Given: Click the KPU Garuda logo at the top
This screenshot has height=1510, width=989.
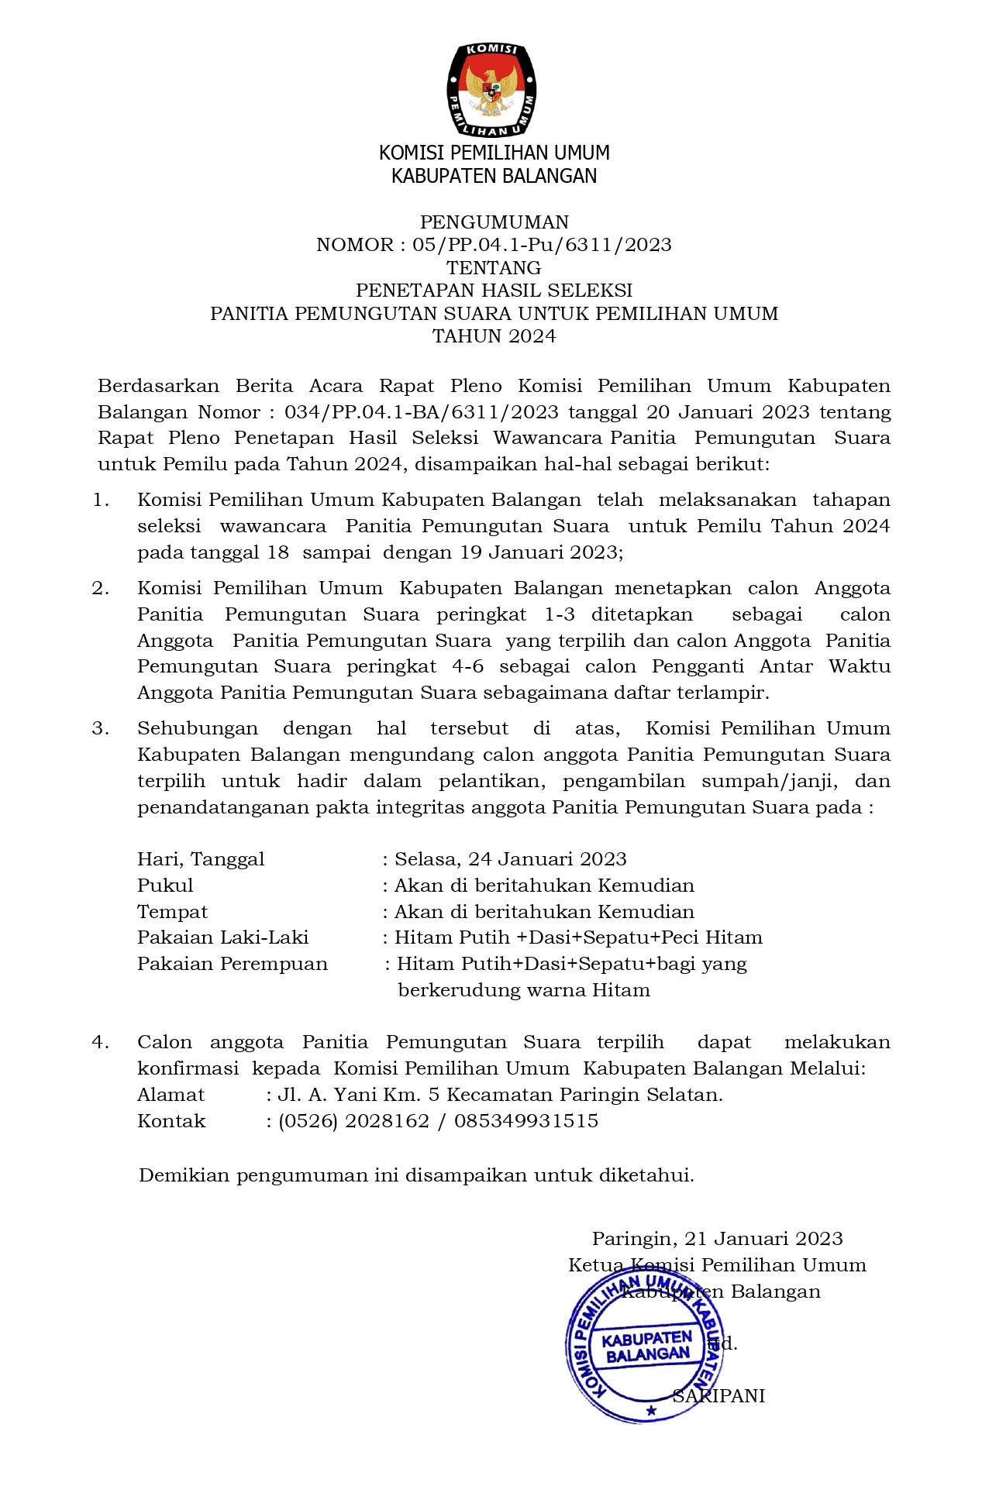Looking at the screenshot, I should pos(491,91).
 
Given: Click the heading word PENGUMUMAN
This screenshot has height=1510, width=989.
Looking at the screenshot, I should pos(494,222).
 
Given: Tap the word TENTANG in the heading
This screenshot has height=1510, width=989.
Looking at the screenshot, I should pos(494,268).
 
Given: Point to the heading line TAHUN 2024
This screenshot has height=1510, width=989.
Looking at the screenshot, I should pos(494,336).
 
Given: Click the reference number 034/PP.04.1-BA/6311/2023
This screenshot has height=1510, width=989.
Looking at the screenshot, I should pos(410,412).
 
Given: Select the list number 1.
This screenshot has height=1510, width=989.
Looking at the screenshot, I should pos(101,500).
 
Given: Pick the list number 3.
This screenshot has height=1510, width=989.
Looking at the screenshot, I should pos(101,729).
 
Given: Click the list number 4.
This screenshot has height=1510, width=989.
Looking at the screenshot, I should pos(101,1043).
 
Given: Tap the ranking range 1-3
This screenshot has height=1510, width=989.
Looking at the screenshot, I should pos(559,615).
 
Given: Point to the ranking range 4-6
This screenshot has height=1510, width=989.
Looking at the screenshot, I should pos(467,667).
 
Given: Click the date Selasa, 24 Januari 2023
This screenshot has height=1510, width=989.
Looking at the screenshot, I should pos(510,859).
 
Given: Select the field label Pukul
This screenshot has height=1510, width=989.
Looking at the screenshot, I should pos(165,886).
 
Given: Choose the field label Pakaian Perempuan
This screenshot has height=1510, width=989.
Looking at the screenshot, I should pos(232,965).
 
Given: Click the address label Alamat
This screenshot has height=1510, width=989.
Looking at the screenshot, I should pos(171,1096).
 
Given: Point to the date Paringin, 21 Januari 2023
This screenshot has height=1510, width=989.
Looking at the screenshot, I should pos(717,1240).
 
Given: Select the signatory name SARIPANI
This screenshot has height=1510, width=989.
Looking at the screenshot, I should pos(718,1396).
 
